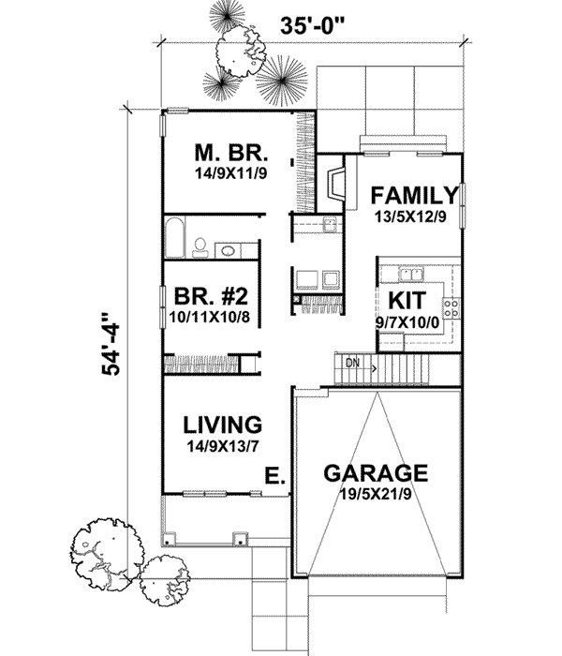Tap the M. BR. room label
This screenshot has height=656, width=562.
pyautogui.click(x=231, y=152)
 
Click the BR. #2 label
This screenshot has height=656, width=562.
pyautogui.click(x=211, y=298)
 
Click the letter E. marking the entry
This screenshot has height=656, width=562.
pyautogui.click(x=274, y=477)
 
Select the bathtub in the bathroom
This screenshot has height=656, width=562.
pyautogui.click(x=173, y=238)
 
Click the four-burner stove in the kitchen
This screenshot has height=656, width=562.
pyautogui.click(x=451, y=306)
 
